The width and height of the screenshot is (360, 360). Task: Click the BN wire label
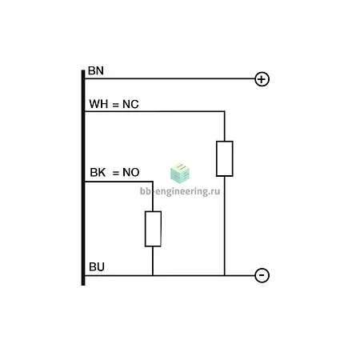point(96,70)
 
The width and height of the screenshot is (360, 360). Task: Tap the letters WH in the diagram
point(98,104)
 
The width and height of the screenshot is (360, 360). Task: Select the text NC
point(130,104)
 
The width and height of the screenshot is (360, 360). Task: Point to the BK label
point(98,173)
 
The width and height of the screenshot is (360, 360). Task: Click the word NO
point(131,173)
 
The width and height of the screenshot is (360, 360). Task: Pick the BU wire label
point(97,267)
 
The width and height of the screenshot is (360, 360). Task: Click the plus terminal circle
point(262,79)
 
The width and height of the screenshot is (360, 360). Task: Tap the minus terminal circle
point(262,275)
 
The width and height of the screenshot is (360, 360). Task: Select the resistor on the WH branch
point(225,158)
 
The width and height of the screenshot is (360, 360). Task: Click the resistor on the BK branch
point(153,229)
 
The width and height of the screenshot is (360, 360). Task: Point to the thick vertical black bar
point(83,178)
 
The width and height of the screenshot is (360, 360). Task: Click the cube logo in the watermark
point(180,174)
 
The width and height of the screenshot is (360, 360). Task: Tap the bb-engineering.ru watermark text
point(180,191)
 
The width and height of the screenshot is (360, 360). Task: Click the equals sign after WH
point(115,105)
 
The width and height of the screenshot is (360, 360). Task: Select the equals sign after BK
point(116,174)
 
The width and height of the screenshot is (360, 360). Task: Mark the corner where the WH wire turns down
point(225,111)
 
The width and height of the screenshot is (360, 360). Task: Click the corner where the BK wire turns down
point(153,182)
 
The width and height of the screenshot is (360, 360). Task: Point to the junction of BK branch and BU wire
point(153,275)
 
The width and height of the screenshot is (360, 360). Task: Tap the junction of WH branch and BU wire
point(225,275)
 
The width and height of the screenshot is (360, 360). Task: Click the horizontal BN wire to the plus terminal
point(170,78)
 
